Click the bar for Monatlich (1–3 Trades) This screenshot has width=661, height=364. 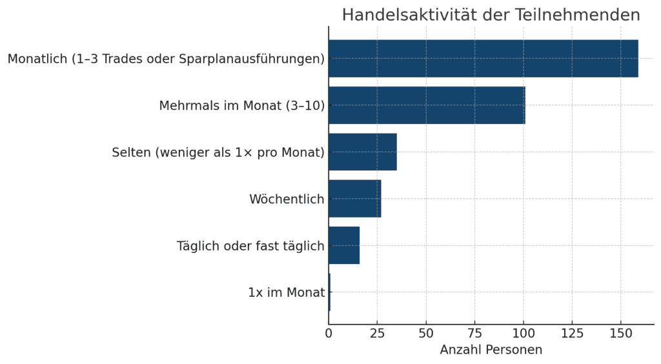(483, 59)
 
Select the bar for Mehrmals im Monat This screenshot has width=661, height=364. (426, 105)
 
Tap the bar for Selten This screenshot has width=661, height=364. (362, 152)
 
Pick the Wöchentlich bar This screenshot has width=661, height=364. (354, 199)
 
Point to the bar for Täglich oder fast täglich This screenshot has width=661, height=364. (343, 245)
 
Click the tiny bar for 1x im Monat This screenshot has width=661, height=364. (329, 292)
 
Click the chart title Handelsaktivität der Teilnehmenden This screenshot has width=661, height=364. (491, 15)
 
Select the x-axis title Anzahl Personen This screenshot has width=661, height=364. (491, 350)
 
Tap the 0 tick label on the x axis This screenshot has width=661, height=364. (329, 334)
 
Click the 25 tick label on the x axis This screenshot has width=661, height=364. (377, 334)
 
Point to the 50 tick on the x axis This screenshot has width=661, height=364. (426, 334)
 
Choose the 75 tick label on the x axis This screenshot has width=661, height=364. (474, 334)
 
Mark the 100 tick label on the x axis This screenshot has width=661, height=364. (524, 334)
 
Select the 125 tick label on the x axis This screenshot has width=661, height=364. (572, 334)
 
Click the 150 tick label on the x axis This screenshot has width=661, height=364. (620, 334)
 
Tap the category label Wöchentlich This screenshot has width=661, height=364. (287, 199)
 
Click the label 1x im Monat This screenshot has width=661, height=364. (286, 292)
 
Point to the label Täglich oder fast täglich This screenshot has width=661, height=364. (250, 246)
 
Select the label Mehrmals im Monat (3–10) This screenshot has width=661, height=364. (241, 106)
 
